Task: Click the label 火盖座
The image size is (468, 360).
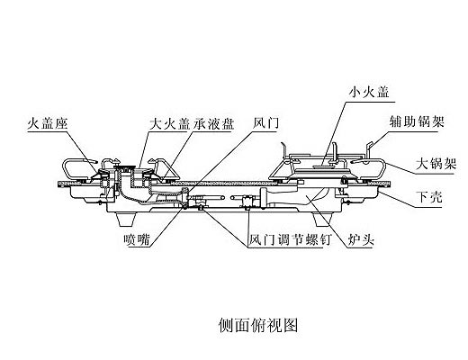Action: coord(48,123)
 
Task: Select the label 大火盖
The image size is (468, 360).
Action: coord(170,124)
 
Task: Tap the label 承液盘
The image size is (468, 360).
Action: coord(213,124)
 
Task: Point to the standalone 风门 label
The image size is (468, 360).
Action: coord(265,122)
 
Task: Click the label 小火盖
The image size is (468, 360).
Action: coord(369,92)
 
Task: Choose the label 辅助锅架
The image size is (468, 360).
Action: coord(417,121)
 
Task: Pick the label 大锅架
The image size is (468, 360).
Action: coord(436,164)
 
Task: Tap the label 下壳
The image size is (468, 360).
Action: coord(429,197)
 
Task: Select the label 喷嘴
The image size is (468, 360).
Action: coord(137,239)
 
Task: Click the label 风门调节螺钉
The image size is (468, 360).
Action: coord(290,240)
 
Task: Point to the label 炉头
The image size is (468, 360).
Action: coord(361,240)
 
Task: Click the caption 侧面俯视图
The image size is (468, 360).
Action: coord(258,325)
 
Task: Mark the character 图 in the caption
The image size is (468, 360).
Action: coord(291,325)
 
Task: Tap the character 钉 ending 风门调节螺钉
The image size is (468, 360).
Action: coord(324,240)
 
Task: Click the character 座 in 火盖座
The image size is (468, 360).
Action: coord(61,123)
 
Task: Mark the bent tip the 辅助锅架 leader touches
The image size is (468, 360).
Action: coord(370,146)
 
